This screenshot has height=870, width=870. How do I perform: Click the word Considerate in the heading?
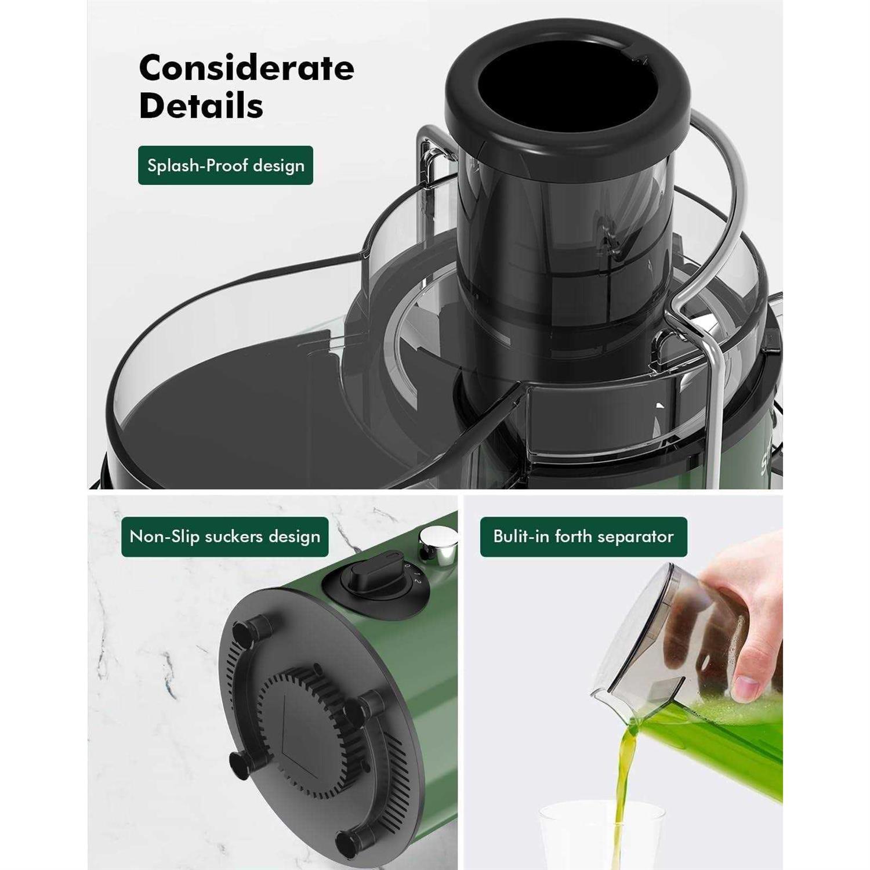tap(246, 68)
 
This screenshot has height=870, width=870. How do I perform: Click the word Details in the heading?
tap(201, 106)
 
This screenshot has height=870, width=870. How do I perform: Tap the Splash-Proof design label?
tap(226, 165)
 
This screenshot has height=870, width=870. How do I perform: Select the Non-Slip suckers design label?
tap(225, 536)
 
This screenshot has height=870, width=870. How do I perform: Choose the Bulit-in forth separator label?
tap(583, 536)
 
